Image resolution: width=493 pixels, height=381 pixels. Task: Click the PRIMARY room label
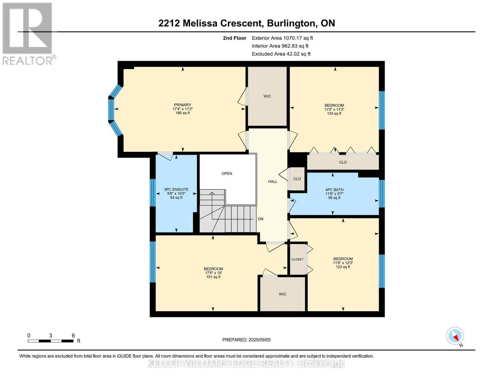(x=183, y=105)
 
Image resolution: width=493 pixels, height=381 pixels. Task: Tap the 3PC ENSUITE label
(x=176, y=190)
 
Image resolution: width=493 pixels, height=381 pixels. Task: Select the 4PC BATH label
(x=334, y=190)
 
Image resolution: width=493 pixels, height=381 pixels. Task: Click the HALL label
(x=272, y=182)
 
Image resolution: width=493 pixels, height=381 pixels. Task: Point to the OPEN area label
(x=227, y=174)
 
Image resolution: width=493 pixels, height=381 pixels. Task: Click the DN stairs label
(x=260, y=219)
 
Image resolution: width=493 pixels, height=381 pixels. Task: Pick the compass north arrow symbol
(x=455, y=336)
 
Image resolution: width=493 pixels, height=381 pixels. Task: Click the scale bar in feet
(x=50, y=341)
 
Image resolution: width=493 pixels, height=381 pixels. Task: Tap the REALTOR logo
(x=28, y=34)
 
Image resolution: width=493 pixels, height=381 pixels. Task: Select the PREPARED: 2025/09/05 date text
(x=246, y=340)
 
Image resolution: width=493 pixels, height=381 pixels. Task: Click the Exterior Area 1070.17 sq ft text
(x=282, y=38)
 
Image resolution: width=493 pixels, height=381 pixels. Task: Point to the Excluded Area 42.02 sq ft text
(x=281, y=54)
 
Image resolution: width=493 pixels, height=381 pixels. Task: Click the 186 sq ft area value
(x=183, y=113)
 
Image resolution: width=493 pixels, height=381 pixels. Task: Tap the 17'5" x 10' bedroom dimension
(x=213, y=273)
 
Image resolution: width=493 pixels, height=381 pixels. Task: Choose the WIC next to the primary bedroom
(x=267, y=96)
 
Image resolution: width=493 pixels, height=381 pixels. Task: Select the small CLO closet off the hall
(x=297, y=179)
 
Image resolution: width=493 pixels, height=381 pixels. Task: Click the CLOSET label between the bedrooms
(x=297, y=259)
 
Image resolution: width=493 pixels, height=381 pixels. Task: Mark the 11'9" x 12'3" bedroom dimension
(x=343, y=263)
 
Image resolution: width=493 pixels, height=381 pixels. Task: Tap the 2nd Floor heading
(x=234, y=38)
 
